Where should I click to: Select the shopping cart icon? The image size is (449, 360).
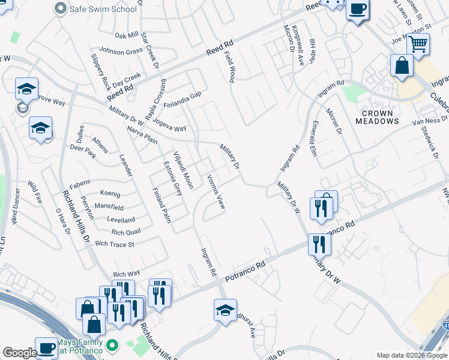418,43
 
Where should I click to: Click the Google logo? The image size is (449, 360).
20,353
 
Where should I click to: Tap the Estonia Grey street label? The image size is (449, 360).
173,178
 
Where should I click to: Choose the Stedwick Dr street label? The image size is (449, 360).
430,139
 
